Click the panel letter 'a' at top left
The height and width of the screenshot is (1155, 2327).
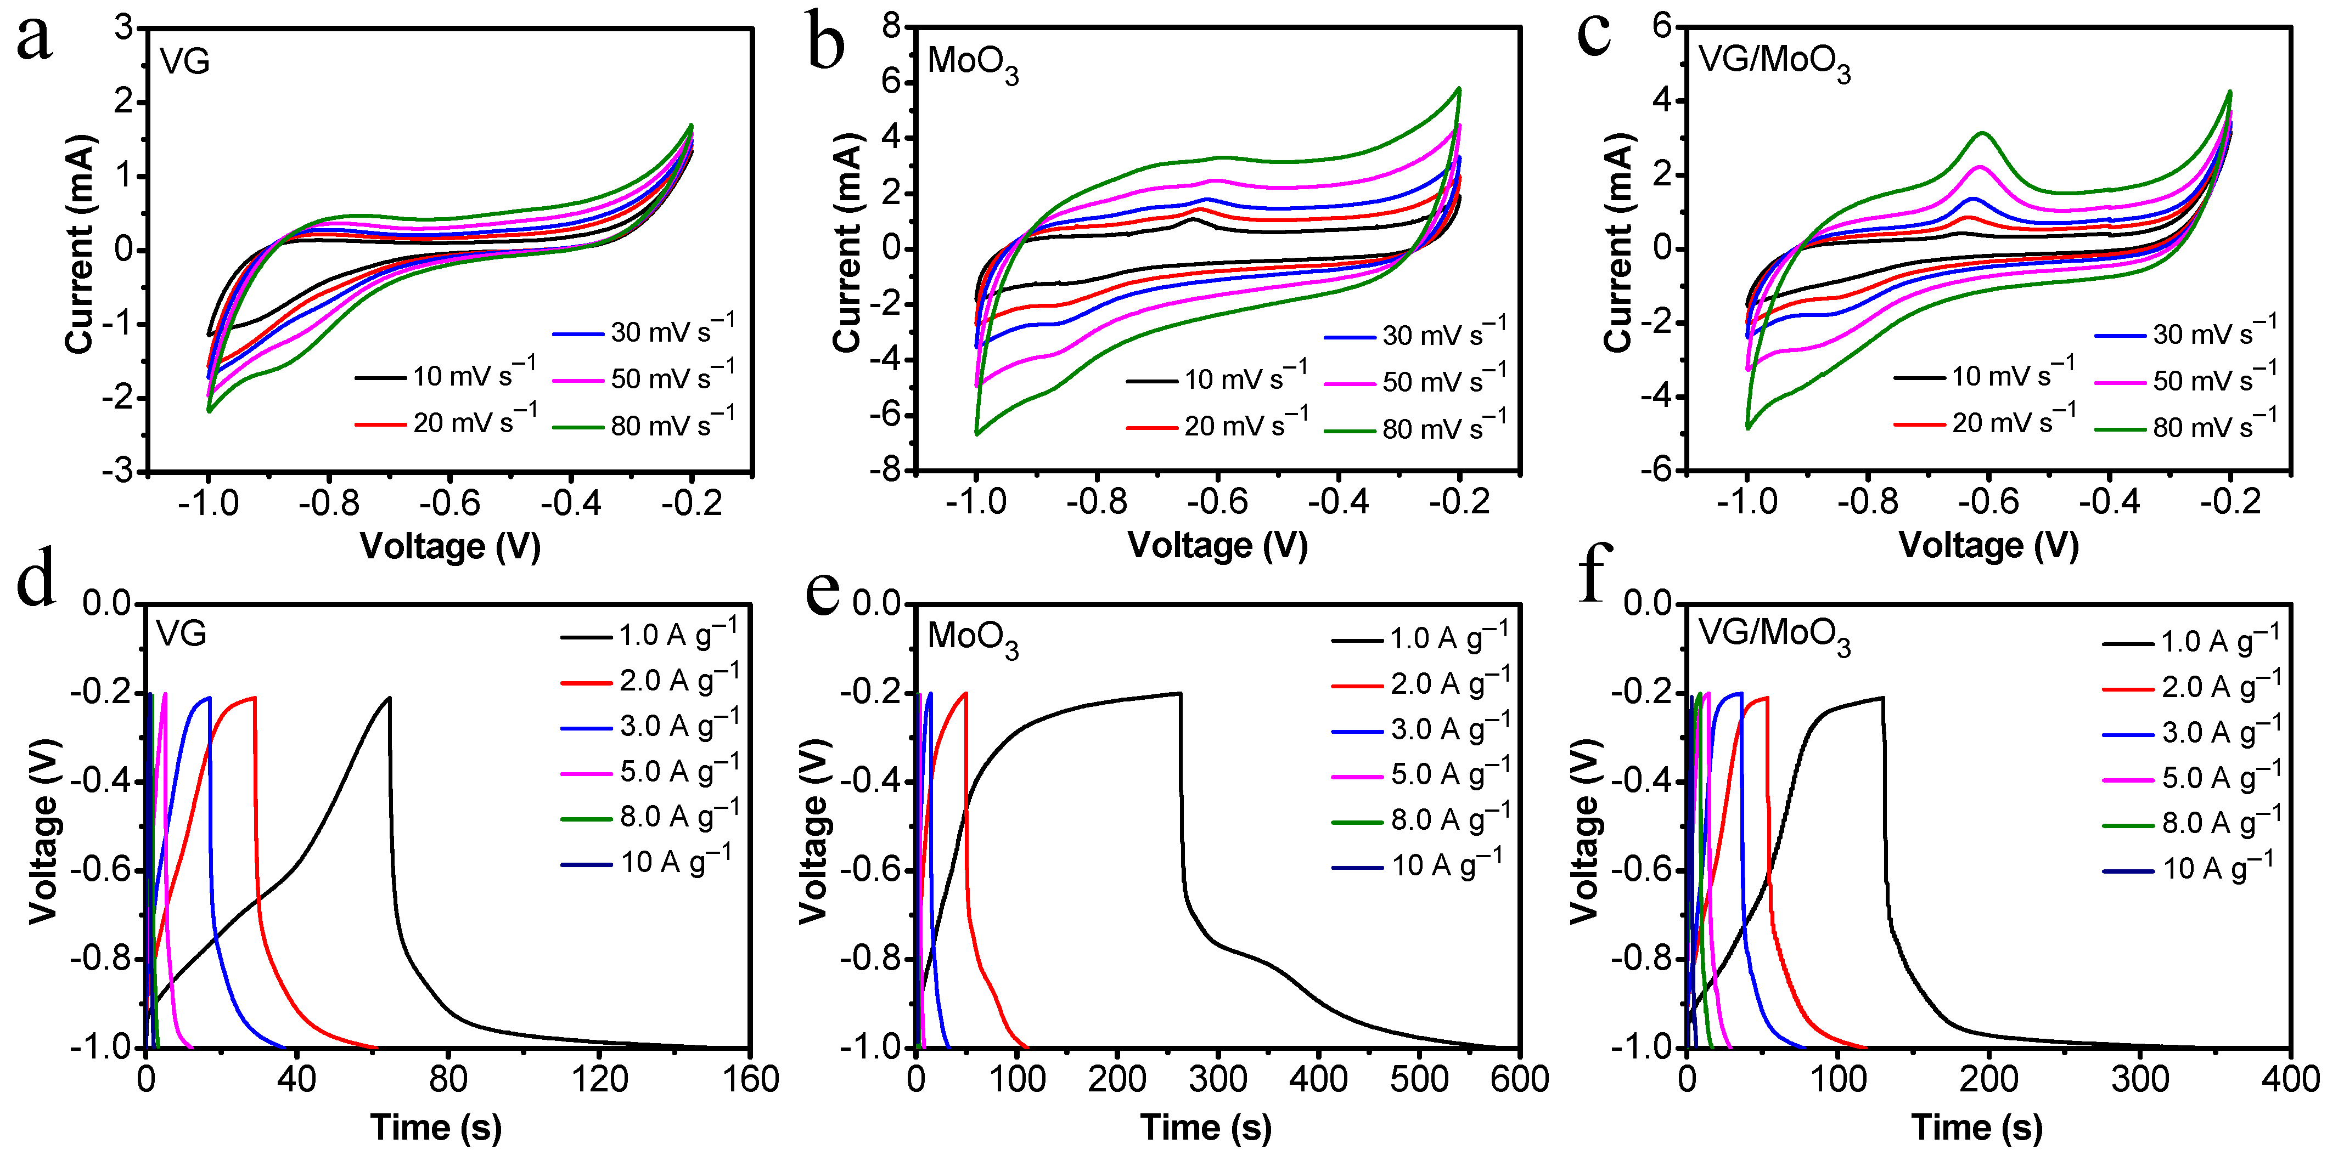pyautogui.click(x=35, y=41)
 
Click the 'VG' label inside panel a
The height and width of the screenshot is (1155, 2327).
pyautogui.click(x=185, y=61)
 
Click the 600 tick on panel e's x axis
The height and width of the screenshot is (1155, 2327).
pyautogui.click(x=1520, y=1080)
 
